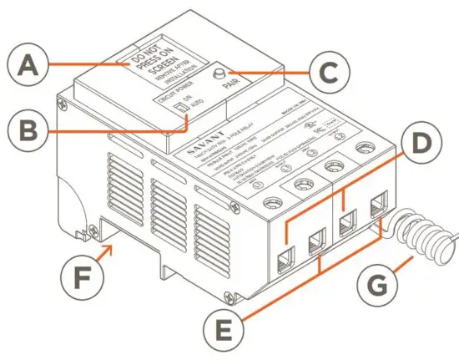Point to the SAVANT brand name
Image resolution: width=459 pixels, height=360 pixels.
pyautogui.click(x=201, y=156)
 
